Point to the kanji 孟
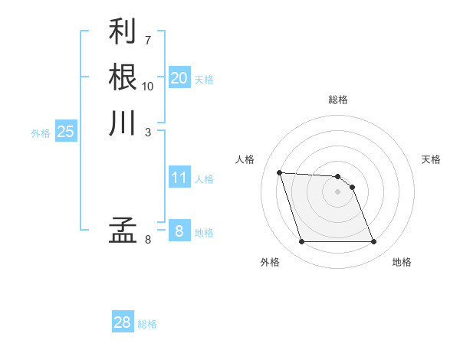pyautogui.click(x=123, y=229)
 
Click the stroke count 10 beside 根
pyautogui.click(x=148, y=86)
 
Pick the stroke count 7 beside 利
pyautogui.click(x=148, y=39)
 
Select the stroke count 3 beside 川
pyautogui.click(x=148, y=132)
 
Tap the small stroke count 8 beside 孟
pyautogui.click(x=148, y=239)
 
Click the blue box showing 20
pyautogui.click(x=179, y=78)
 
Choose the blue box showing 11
pyautogui.click(x=179, y=178)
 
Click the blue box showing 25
pyautogui.click(x=65, y=132)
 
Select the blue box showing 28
pyautogui.click(x=123, y=322)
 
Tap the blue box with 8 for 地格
pyautogui.click(x=179, y=231)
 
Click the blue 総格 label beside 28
pyautogui.click(x=147, y=324)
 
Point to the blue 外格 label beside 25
pyautogui.click(x=41, y=133)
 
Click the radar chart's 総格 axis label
pyautogui.click(x=338, y=100)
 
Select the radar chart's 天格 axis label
pyautogui.click(x=432, y=159)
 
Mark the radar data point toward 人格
pyautogui.click(x=280, y=172)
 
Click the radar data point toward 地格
pyautogui.click(x=373, y=242)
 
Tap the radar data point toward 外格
pyautogui.click(x=301, y=242)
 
